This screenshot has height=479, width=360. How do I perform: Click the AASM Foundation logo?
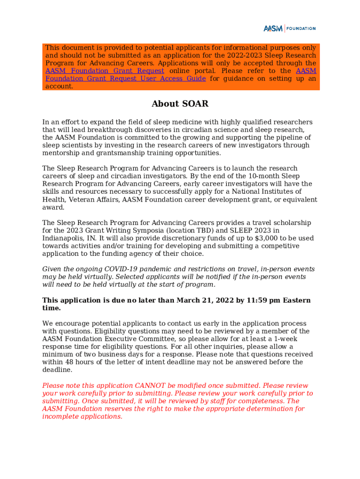(289, 29)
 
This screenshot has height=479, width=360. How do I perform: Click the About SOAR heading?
(180, 104)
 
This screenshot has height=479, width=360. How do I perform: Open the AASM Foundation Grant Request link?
(104, 71)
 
